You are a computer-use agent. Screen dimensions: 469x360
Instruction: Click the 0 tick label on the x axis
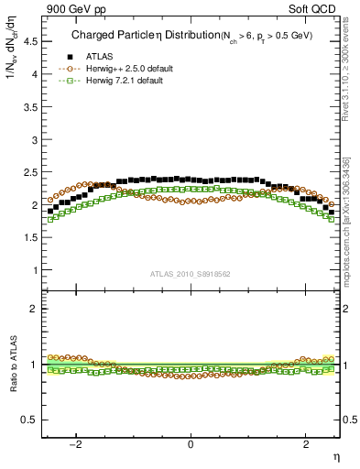pos(191,445)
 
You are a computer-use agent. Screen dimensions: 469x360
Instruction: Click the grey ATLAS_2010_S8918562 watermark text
pos(190,275)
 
